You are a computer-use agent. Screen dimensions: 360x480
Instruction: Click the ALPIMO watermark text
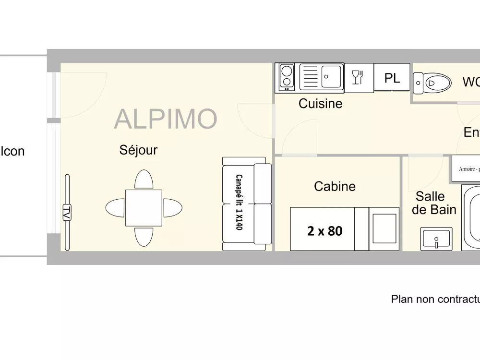pyautogui.click(x=166, y=119)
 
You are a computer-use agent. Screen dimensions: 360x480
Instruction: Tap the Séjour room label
pyautogui.click(x=138, y=150)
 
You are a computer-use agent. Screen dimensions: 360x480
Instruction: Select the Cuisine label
pyautogui.click(x=320, y=103)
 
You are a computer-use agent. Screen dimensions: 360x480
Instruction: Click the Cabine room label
pyautogui.click(x=335, y=186)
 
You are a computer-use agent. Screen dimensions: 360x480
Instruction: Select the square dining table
pyautogui.click(x=144, y=208)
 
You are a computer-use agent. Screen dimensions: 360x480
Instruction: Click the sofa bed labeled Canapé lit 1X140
pyautogui.click(x=247, y=204)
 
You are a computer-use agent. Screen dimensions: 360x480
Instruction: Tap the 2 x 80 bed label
pyautogui.click(x=324, y=231)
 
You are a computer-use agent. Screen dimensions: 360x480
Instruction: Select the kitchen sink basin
pyautogui.click(x=331, y=76)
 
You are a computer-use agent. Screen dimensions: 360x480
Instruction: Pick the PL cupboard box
pyautogui.click(x=392, y=78)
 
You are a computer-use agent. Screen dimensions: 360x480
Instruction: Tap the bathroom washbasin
pyautogui.click(x=436, y=239)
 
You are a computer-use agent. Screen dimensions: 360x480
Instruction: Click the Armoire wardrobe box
pyautogui.click(x=466, y=169)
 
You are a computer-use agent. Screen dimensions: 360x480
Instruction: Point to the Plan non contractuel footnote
pyautogui.click(x=435, y=299)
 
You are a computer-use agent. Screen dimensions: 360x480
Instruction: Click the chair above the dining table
pyautogui.click(x=144, y=180)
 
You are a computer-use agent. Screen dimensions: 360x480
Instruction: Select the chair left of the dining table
pyautogui.click(x=115, y=208)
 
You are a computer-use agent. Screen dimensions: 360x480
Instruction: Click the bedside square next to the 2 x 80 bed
pyautogui.click(x=384, y=228)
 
